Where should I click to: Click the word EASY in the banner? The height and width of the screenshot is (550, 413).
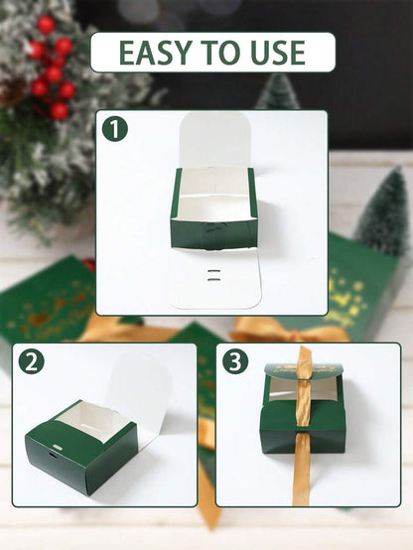(x=158, y=53)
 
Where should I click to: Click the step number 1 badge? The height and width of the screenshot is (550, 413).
(x=115, y=129)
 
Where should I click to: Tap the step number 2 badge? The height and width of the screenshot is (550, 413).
(x=31, y=361)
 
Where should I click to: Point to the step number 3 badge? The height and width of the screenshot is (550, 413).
(x=234, y=361)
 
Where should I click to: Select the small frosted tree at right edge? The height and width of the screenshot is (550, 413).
(x=385, y=213)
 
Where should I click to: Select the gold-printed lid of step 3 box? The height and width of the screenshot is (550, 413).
(x=303, y=370)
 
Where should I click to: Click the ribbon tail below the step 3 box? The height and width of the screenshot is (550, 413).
(x=301, y=481)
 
